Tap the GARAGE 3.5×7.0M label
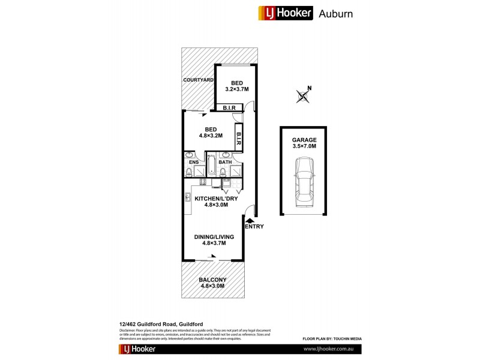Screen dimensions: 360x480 coord(303,143)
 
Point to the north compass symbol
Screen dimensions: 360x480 coord(304,95)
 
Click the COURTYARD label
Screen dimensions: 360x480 coord(199,80)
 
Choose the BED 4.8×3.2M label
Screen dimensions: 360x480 coord(210,132)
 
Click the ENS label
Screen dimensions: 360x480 coord(194,162)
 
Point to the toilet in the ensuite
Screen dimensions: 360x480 coord(188,173)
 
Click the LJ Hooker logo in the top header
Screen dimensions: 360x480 coord(285,13)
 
